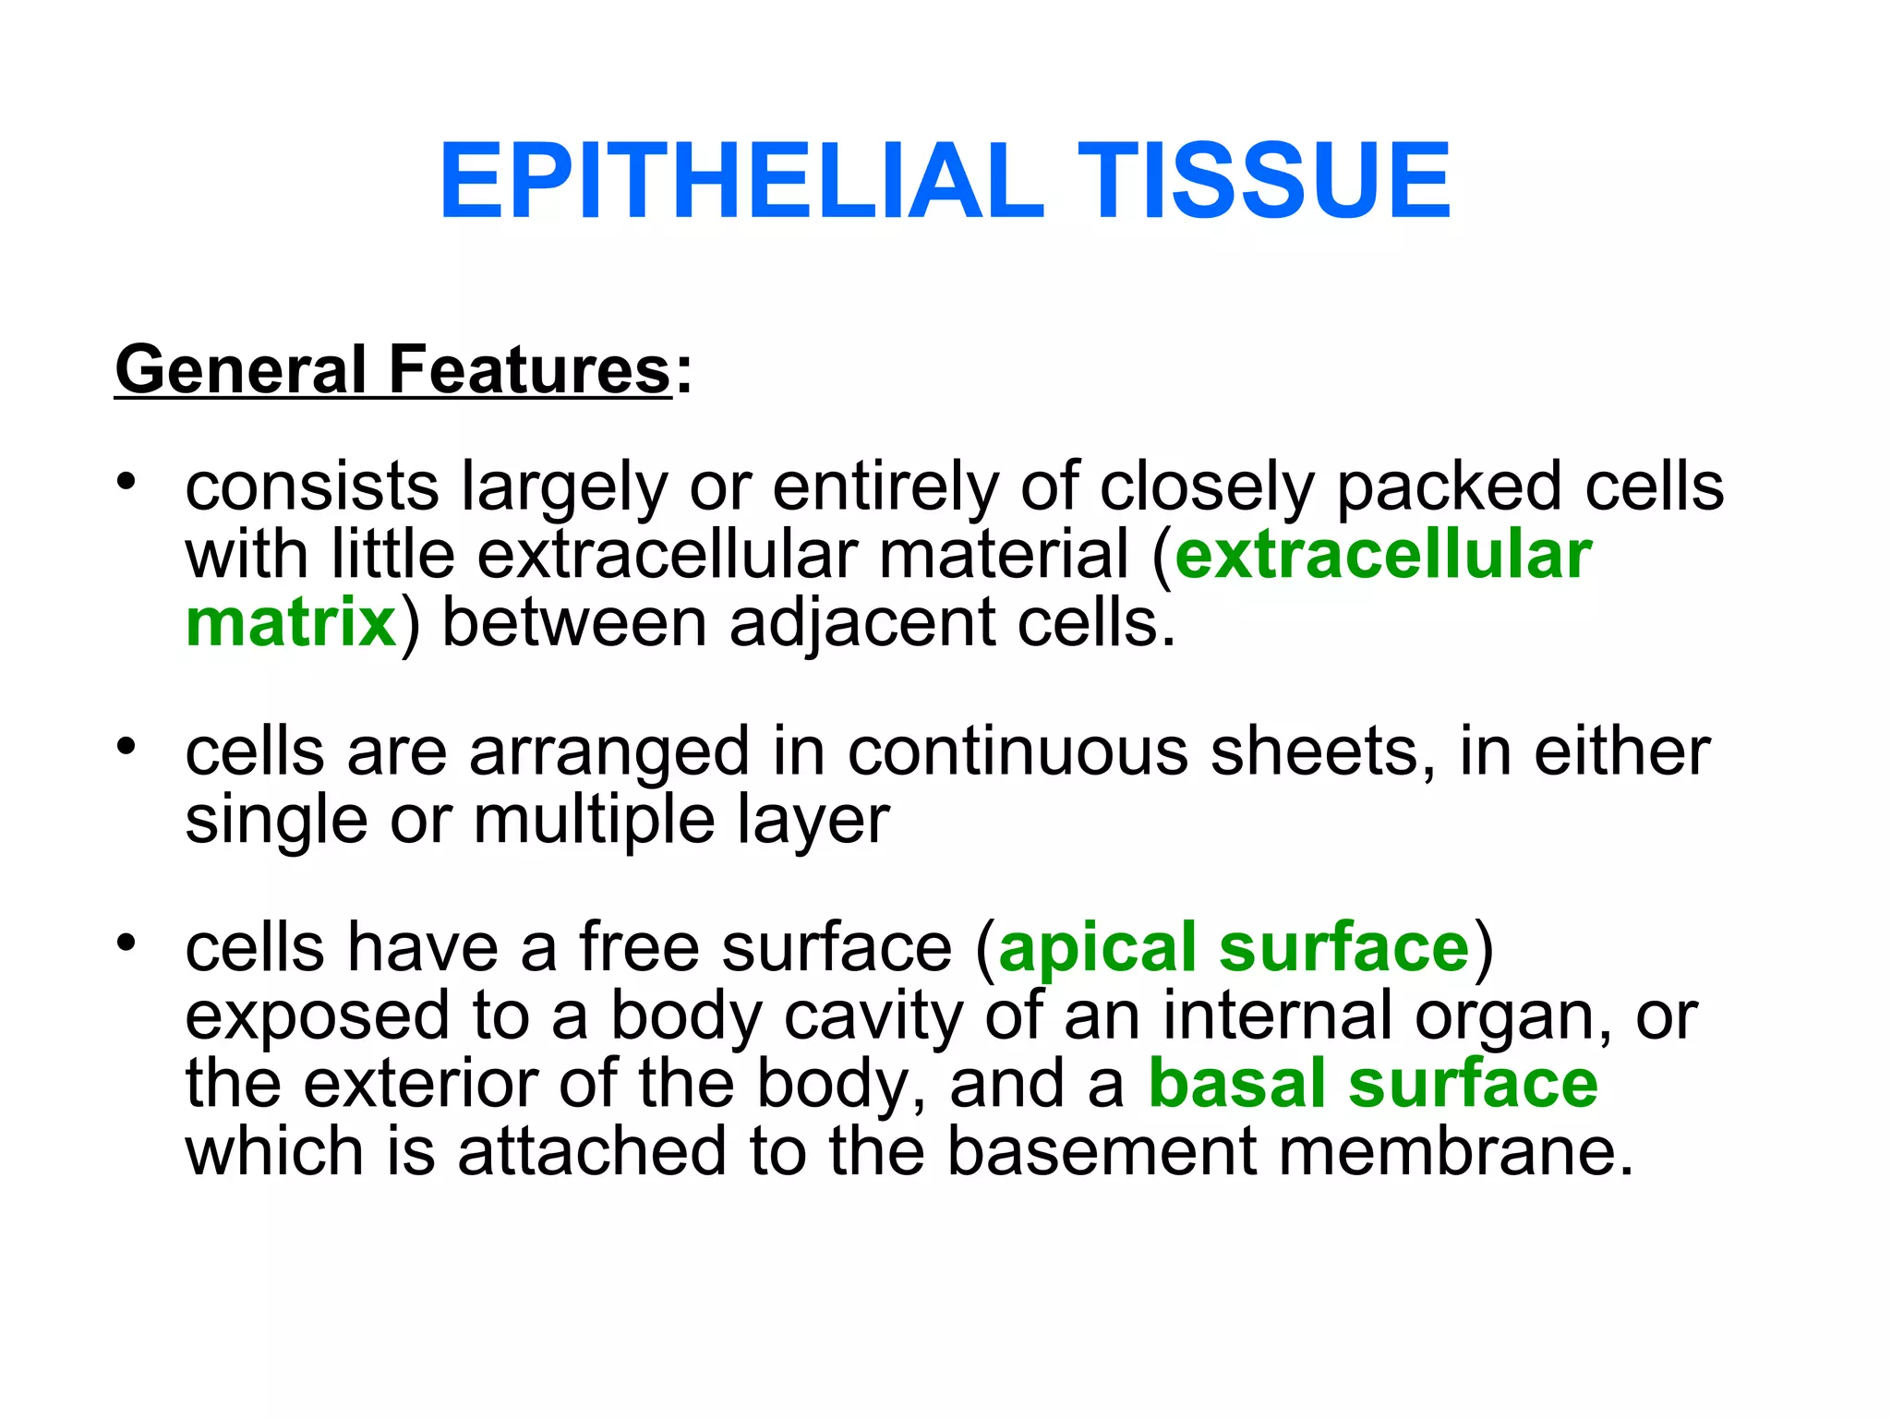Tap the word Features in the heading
coord(529,369)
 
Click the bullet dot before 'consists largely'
coord(127,482)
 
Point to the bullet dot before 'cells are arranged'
coord(127,746)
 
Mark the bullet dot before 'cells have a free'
coord(127,943)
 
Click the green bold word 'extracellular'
coord(1383,556)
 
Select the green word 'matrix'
coord(291,623)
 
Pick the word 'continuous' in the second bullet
coord(1018,751)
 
